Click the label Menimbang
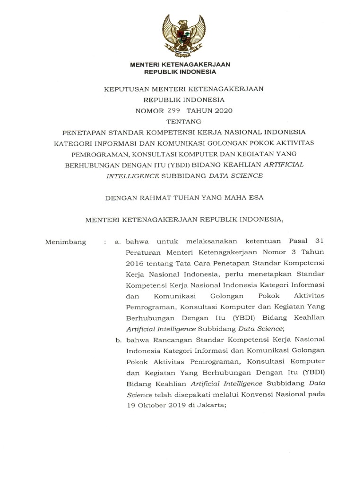click(x=65, y=242)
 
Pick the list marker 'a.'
click(x=118, y=242)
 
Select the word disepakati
click(x=193, y=395)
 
